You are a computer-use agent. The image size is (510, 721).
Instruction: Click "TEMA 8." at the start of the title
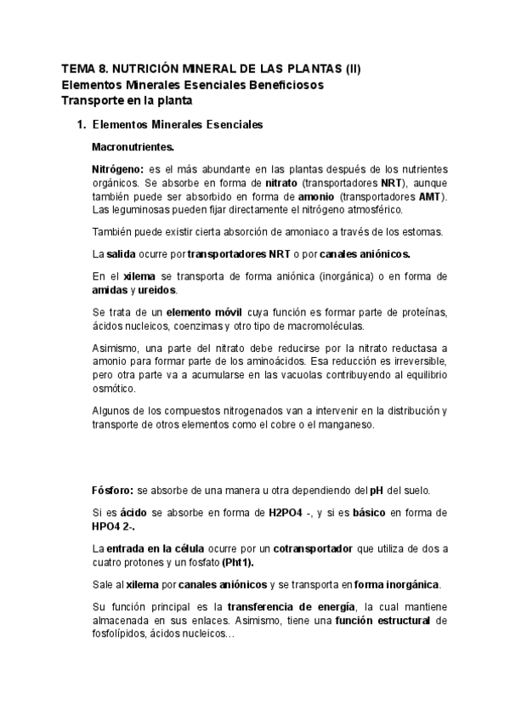coord(83,70)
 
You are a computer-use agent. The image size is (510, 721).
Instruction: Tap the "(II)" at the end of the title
coord(349,70)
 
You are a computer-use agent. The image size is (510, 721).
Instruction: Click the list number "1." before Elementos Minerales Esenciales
coord(82,125)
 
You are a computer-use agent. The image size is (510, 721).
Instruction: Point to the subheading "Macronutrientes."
coord(133,146)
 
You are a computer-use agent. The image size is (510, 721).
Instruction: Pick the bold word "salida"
coord(124,254)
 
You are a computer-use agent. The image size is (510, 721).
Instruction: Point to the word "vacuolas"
coord(335,376)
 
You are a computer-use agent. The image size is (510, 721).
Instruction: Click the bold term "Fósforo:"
coord(112,491)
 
